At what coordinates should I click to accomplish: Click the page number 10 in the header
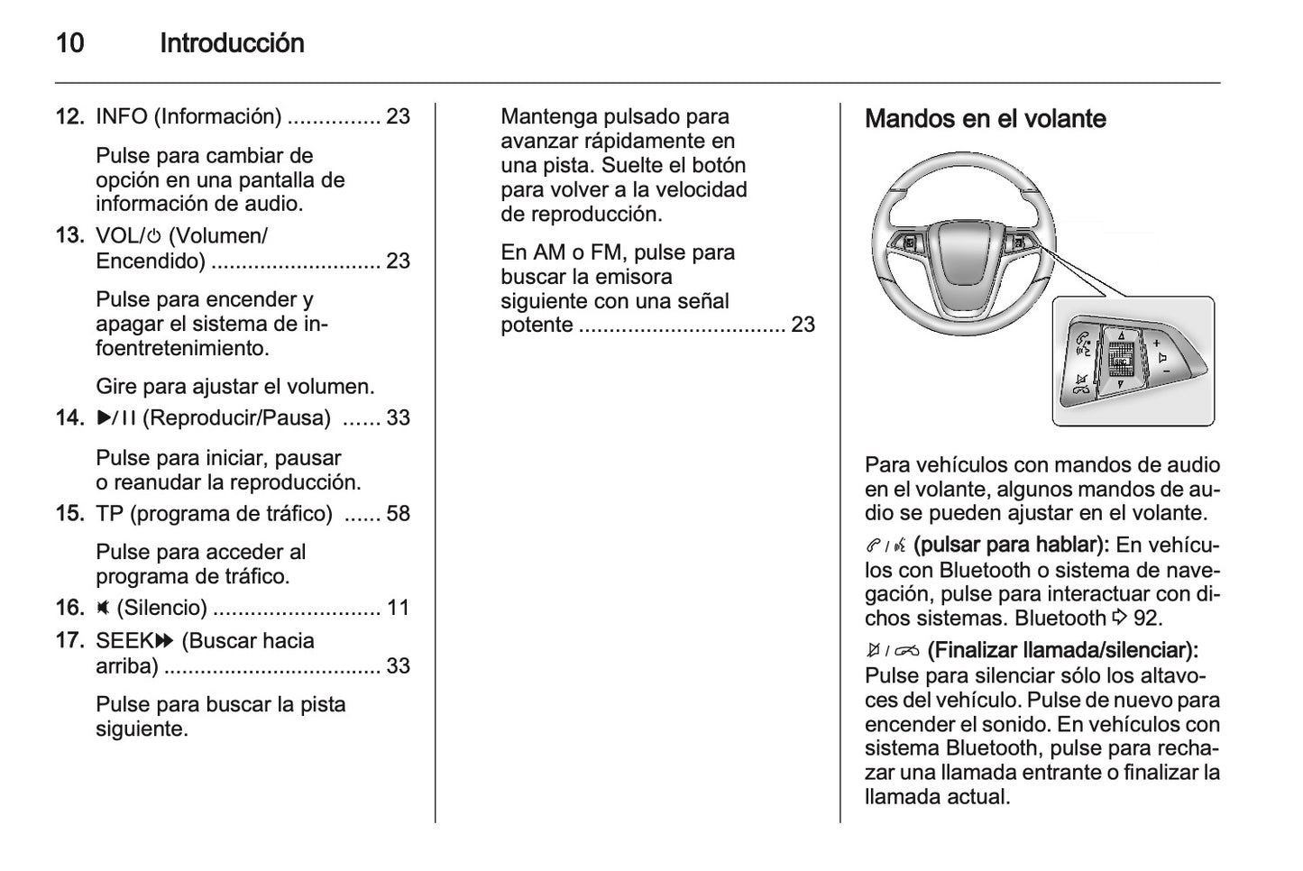(x=69, y=43)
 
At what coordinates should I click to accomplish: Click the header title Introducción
(x=232, y=43)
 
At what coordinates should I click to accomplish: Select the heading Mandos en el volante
(x=985, y=119)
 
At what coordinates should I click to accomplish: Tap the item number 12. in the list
(x=70, y=116)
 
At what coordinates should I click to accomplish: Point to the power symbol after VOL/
(x=155, y=237)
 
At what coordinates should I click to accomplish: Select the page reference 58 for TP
(x=398, y=514)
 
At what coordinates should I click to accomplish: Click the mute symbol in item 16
(x=103, y=609)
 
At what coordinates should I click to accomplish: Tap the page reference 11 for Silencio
(x=398, y=609)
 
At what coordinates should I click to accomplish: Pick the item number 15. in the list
(x=70, y=514)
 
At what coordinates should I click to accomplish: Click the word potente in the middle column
(x=537, y=325)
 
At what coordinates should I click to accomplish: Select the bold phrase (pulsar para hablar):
(x=1011, y=546)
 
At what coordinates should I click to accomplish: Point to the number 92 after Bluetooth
(x=1147, y=619)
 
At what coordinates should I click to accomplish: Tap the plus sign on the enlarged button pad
(x=1156, y=343)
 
